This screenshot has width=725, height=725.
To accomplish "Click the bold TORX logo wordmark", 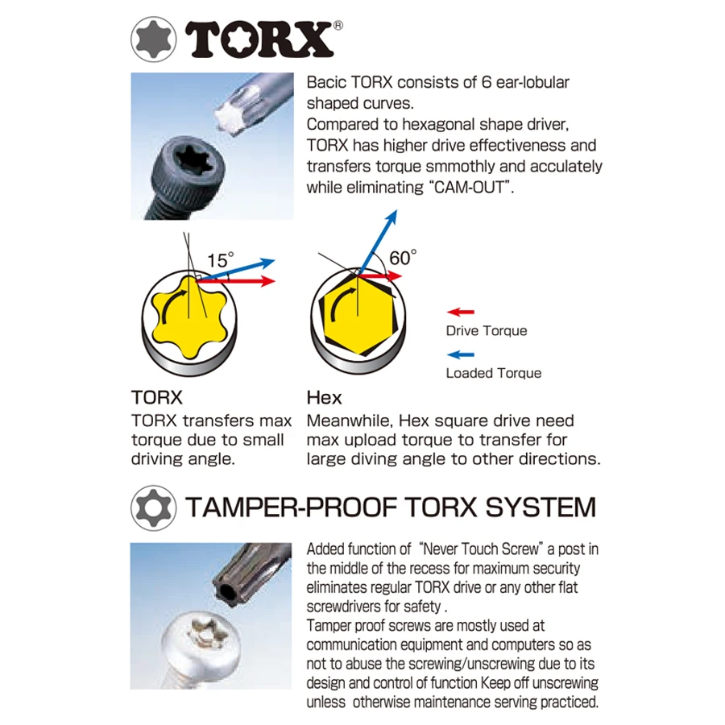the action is coord(259,39).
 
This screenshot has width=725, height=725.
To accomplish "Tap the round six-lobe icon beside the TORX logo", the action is coord(154,39).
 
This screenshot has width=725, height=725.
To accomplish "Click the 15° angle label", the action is coord(221,260).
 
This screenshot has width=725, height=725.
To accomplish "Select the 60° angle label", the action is coord(403,258).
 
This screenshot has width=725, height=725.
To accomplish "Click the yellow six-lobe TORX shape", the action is coord(189,317).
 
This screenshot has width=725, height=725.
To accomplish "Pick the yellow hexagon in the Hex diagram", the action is coord(358,315).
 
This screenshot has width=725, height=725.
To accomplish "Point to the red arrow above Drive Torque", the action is coord(461,312).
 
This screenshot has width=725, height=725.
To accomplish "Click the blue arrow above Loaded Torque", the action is coord(461,354).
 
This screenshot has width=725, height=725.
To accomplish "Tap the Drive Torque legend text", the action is coord(487,331).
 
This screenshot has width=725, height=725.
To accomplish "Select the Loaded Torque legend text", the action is coord(493,373).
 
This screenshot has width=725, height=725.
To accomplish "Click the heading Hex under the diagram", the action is coord(324,398).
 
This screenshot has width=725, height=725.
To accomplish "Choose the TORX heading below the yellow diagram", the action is coord(157,398).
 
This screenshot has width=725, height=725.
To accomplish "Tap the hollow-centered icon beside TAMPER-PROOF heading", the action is coord(154,507).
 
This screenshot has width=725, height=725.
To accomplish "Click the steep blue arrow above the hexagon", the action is coord(377,242).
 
